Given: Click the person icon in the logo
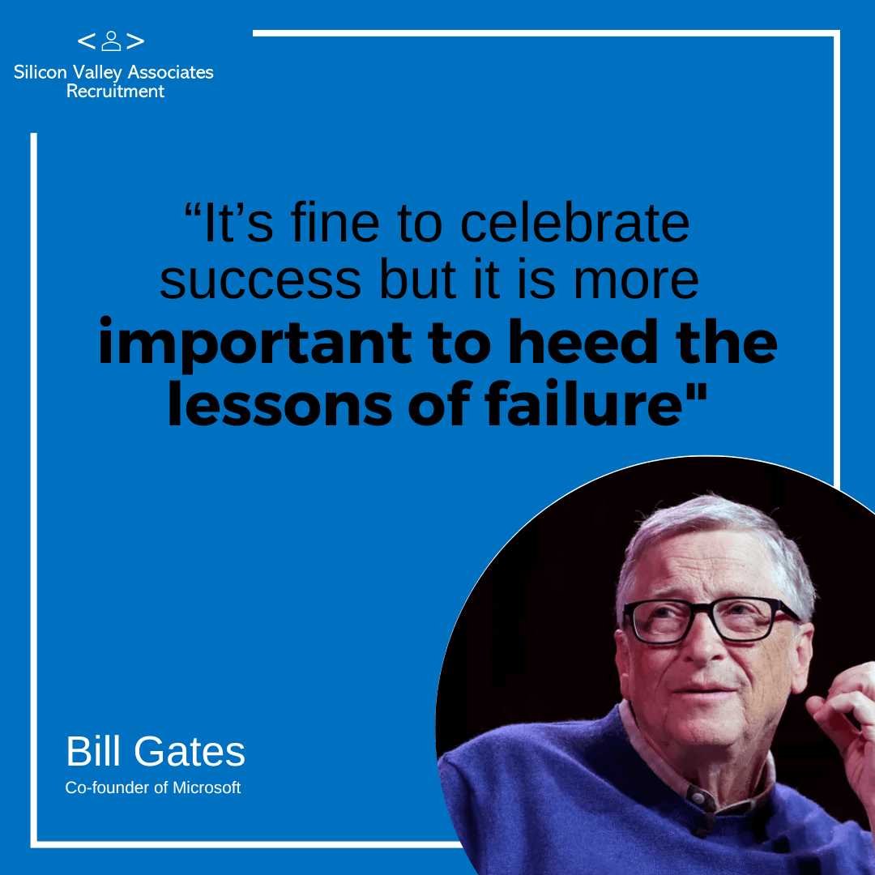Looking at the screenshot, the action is pyautogui.click(x=111, y=41).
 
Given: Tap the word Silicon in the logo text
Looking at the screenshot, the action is pyautogui.click(x=41, y=72).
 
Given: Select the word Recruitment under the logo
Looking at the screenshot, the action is pyautogui.click(x=115, y=91).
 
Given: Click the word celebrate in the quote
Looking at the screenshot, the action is pyautogui.click(x=574, y=224).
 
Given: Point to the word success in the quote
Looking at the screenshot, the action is pyautogui.click(x=261, y=280).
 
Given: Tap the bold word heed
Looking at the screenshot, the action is pyautogui.click(x=583, y=342).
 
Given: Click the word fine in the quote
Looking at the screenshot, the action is pyautogui.click(x=335, y=224).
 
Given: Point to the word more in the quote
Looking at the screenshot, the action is pyautogui.click(x=636, y=281).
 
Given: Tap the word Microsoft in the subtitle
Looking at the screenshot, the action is pyautogui.click(x=207, y=787).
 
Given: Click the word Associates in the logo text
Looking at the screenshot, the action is pyautogui.click(x=171, y=72).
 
